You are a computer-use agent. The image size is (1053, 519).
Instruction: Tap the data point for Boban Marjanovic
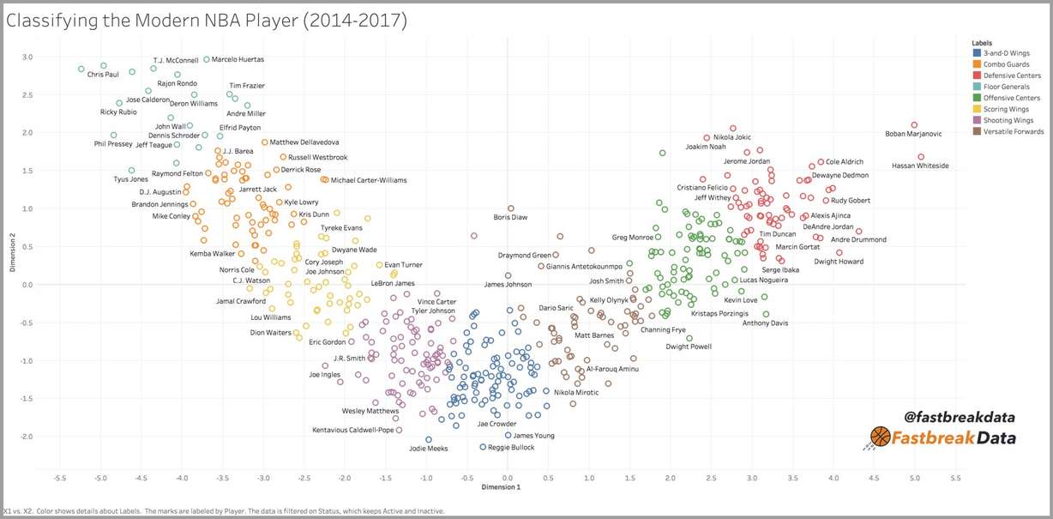[x=914, y=125]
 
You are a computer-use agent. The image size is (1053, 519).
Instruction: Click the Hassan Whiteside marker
[x=921, y=157]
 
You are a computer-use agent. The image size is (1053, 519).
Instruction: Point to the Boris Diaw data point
[x=511, y=208]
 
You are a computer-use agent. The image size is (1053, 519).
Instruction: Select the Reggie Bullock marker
[x=483, y=447]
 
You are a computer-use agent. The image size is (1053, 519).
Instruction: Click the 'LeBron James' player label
[x=393, y=283]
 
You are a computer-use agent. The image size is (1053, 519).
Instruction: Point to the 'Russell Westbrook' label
[x=318, y=157]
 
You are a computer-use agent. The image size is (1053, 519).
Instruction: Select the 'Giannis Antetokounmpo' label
[x=596, y=266]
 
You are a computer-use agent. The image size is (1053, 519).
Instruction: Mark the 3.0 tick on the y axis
[x=27, y=57]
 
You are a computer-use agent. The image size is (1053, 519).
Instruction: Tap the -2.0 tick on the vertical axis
[x=27, y=437]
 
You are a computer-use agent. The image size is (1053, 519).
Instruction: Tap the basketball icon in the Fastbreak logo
[x=881, y=438]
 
